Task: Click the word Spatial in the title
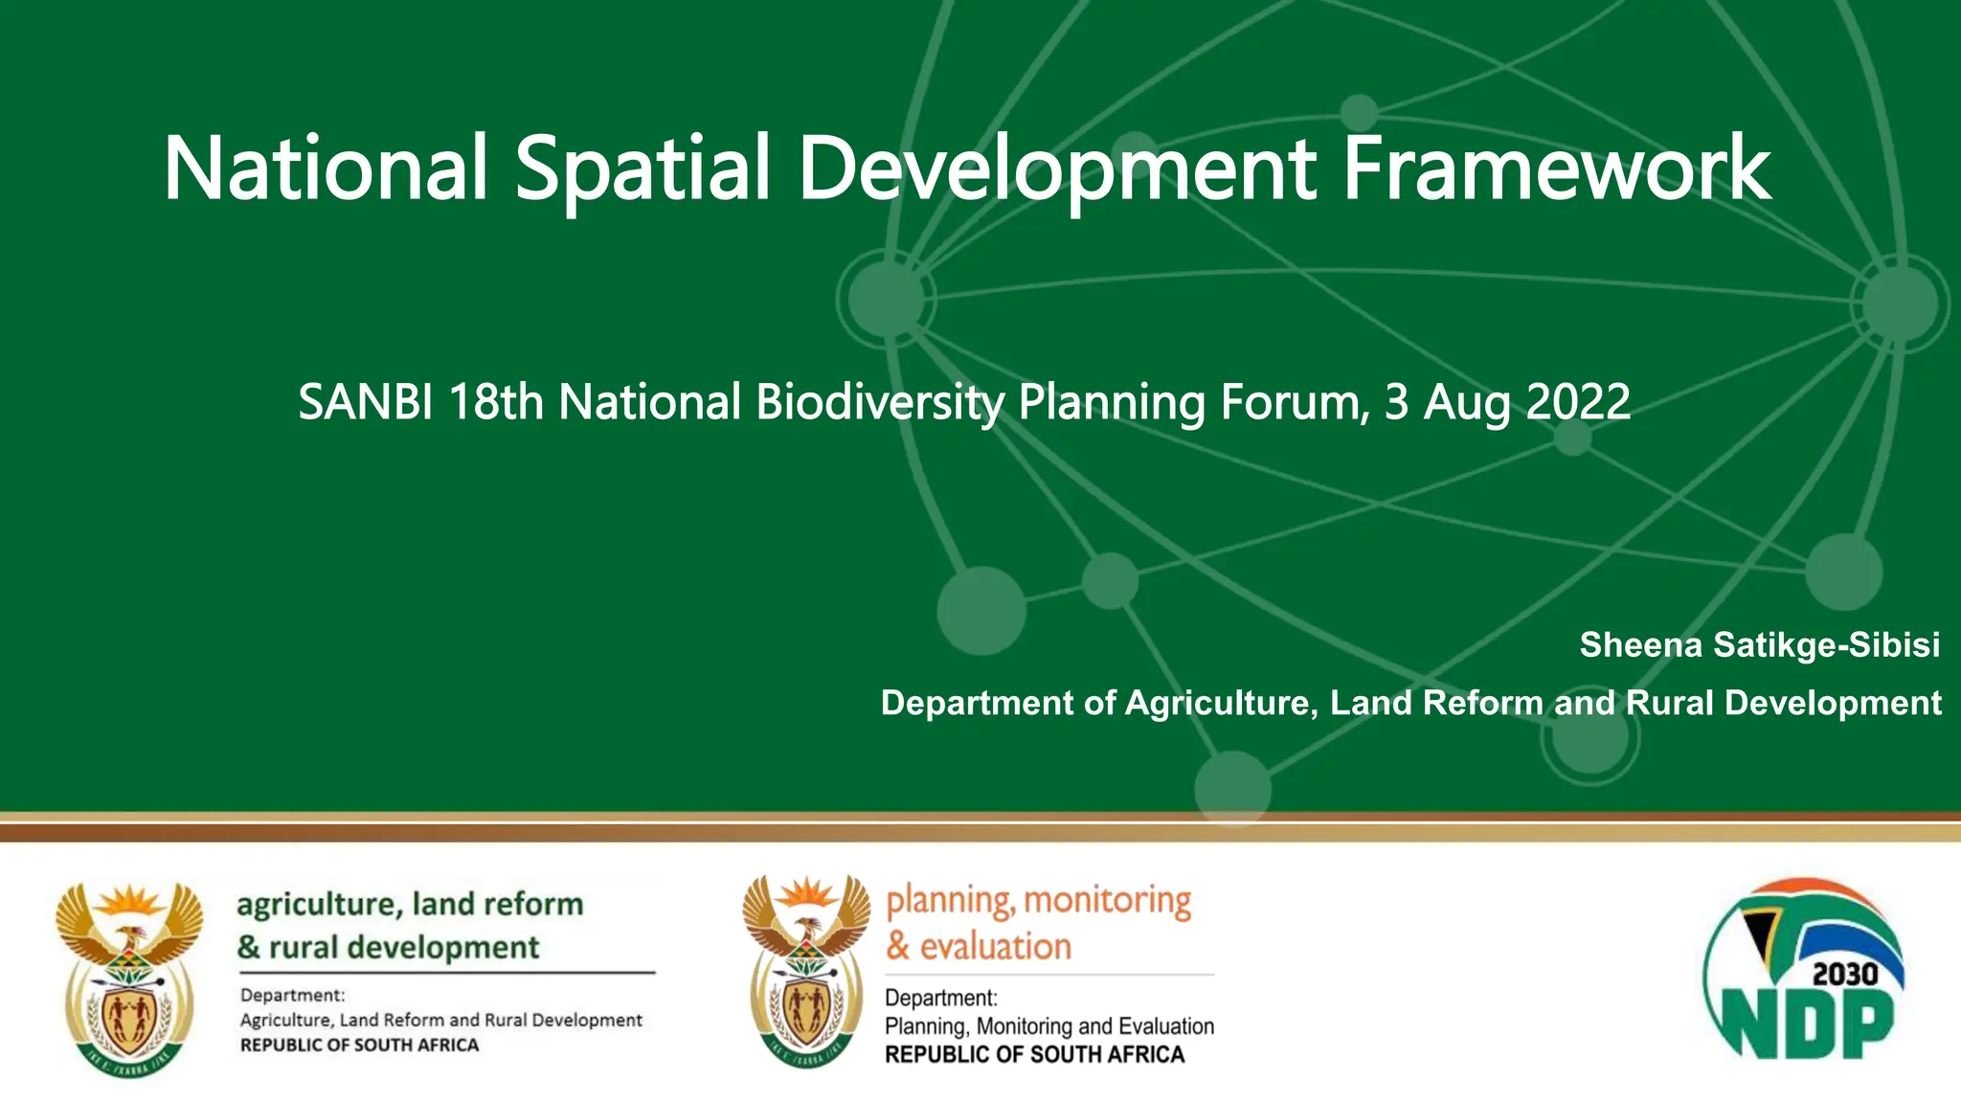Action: (x=642, y=169)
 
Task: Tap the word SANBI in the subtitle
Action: (x=365, y=402)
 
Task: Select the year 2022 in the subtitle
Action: (x=1577, y=402)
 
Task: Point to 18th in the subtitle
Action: (x=496, y=402)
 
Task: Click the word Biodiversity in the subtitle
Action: (x=879, y=402)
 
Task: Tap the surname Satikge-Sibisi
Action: (x=1826, y=645)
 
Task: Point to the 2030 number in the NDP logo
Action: (x=1845, y=975)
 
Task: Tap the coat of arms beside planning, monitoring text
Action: (x=806, y=972)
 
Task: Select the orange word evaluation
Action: (x=995, y=947)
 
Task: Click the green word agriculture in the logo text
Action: (x=318, y=904)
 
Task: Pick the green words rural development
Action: (x=403, y=948)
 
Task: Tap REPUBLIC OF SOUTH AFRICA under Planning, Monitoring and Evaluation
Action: (x=1034, y=1054)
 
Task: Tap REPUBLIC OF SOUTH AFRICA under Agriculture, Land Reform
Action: (x=359, y=1045)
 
